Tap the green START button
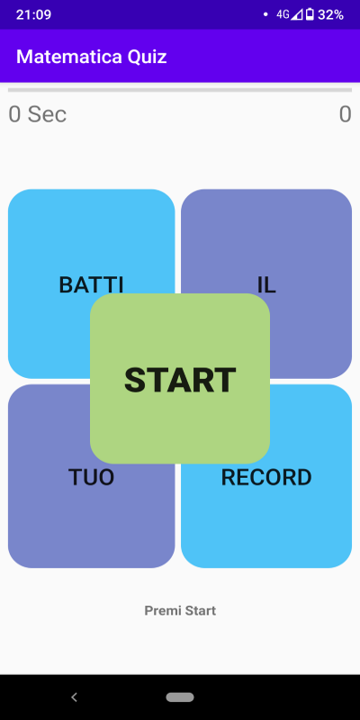179,378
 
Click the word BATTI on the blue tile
92,284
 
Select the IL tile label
266,285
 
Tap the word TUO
92,478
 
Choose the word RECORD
266,478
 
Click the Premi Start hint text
180,611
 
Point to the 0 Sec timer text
38,114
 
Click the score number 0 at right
346,114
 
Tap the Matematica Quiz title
92,57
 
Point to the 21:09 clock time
33,14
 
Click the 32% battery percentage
330,14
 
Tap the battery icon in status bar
310,14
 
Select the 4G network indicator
283,14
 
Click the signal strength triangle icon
297,14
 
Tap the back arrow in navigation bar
74,697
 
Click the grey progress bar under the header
180,90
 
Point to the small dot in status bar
265,14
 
